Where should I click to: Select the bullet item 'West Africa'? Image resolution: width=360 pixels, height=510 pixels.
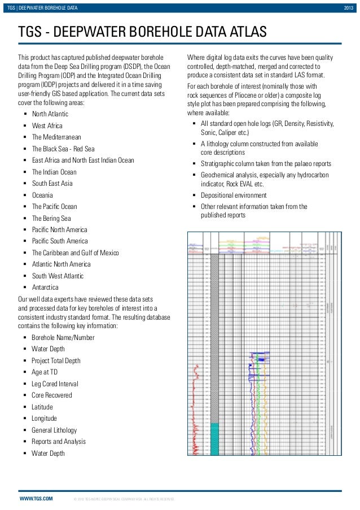pyautogui.click(x=47, y=126)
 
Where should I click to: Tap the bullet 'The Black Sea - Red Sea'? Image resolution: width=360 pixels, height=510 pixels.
pyautogui.click(x=63, y=149)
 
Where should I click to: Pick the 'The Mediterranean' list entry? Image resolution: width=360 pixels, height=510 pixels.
pyautogui.click(x=56, y=137)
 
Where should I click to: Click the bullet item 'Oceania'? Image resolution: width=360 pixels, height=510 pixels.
pyautogui.click(x=43, y=195)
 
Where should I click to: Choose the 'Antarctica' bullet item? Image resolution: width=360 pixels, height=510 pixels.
pyautogui.click(x=45, y=287)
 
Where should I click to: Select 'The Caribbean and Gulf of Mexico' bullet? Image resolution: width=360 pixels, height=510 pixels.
pyautogui.click(x=75, y=252)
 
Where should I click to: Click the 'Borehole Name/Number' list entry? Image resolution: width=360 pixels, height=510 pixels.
pyautogui.click(x=63, y=338)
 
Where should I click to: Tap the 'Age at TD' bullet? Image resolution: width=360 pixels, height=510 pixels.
pyautogui.click(x=45, y=372)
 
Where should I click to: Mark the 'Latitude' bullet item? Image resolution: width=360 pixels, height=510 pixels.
pyautogui.click(x=42, y=407)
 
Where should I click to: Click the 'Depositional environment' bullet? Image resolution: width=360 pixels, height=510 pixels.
pyautogui.click(x=234, y=195)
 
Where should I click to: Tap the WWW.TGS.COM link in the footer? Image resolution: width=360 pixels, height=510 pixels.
pyautogui.click(x=36, y=499)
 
